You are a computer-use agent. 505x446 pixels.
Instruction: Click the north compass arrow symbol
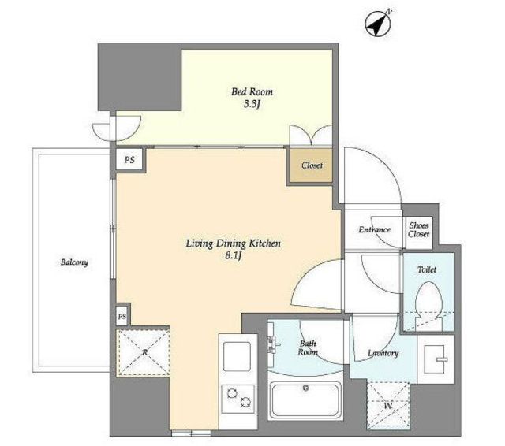[x=378, y=23]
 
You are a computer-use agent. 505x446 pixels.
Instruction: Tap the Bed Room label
[x=252, y=91]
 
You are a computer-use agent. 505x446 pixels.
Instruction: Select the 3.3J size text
[x=252, y=105]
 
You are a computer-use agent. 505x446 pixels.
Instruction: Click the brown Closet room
[x=311, y=165]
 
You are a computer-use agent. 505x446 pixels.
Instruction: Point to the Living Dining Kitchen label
[x=234, y=243]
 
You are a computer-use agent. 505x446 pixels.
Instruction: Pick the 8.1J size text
[x=234, y=256]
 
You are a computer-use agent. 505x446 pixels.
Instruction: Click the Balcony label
[x=74, y=262]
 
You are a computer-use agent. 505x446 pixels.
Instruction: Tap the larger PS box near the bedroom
[x=129, y=159]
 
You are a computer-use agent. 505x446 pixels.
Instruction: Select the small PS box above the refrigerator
[x=122, y=317]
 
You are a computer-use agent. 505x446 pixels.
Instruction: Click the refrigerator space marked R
[x=144, y=352]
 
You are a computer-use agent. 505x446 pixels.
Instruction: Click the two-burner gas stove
[x=238, y=399]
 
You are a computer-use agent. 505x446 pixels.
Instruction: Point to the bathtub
[x=305, y=400]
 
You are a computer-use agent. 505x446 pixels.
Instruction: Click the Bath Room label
[x=308, y=348]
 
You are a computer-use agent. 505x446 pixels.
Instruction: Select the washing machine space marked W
[x=388, y=406]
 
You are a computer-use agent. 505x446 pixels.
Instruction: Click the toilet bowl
[x=428, y=303]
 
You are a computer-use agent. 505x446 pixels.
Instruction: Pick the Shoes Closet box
[x=419, y=230]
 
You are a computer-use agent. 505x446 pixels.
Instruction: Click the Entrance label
[x=374, y=229]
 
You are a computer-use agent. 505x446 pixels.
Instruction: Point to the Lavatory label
[x=383, y=353]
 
